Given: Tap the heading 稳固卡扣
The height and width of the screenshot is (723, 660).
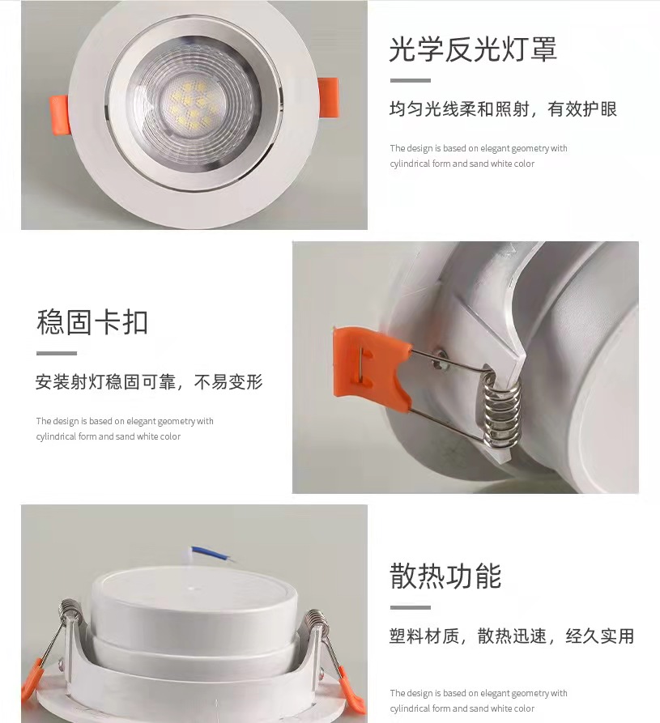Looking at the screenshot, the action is coord(92,322).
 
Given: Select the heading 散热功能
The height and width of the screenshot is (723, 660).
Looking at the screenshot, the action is coord(445,576).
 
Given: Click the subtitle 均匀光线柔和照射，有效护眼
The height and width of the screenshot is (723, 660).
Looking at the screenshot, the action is coord(503,109).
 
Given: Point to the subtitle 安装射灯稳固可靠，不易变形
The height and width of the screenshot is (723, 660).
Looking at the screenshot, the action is coord(149,382).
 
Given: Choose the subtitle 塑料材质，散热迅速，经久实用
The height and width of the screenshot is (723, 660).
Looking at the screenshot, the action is coord(512,636).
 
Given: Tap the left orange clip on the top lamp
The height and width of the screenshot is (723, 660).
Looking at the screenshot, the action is coord(59,115).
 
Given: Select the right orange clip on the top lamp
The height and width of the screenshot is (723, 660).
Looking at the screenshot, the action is coord(329,98).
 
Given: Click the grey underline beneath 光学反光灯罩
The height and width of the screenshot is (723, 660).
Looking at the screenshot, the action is coord(410,81).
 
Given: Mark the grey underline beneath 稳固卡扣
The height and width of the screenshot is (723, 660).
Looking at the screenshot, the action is coord(57,354).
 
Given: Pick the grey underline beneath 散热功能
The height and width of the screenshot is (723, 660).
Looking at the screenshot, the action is coord(410,608).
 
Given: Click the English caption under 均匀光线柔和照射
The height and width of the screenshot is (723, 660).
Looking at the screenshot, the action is coord(479,155).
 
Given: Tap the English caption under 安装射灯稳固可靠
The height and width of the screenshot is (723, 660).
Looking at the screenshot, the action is coord(125,429).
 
